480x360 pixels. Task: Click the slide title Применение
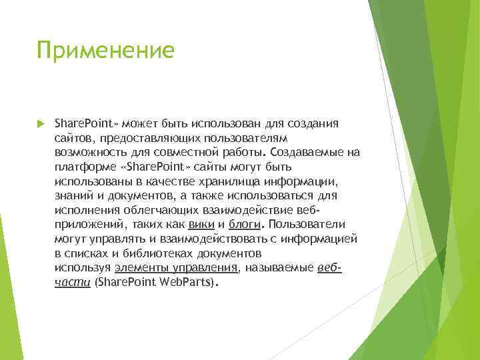106,51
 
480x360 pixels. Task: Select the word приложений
88,225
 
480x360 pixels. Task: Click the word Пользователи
302,225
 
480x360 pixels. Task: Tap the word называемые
279,268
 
